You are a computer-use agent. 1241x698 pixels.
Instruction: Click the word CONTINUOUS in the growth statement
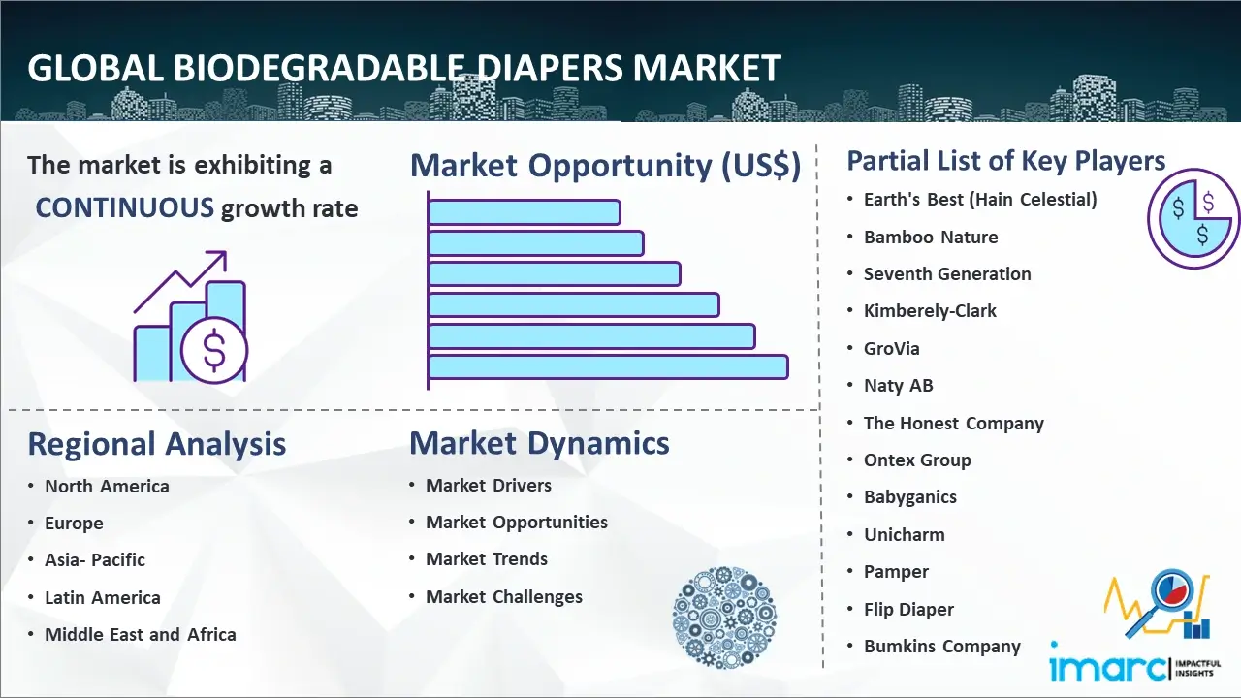click(125, 208)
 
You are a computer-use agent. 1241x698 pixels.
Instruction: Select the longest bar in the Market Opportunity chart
click(608, 367)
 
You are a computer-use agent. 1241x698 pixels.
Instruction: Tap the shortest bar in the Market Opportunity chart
click(525, 212)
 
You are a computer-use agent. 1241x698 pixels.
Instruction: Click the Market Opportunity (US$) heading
click(606, 165)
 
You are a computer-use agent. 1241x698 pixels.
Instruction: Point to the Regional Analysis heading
click(157, 444)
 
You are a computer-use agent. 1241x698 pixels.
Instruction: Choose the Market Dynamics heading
click(539, 443)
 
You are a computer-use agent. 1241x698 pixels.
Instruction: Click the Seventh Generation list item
click(947, 273)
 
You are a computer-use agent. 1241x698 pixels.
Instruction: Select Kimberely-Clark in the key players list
click(930, 311)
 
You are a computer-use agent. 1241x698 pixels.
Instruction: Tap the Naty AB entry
click(899, 386)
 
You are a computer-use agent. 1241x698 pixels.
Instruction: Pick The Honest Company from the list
click(954, 424)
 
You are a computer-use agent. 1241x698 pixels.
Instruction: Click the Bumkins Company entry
click(942, 646)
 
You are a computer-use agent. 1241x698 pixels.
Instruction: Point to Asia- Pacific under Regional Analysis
click(95, 560)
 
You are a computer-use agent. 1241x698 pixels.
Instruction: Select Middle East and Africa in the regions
click(141, 634)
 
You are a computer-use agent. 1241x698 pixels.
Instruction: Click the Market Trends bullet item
click(487, 559)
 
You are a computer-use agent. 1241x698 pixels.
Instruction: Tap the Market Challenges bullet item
click(504, 596)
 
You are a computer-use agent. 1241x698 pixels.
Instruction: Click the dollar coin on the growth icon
click(214, 350)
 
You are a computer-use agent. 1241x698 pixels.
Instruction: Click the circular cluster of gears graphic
click(724, 618)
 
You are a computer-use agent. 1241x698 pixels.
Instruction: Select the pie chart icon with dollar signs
click(1193, 218)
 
